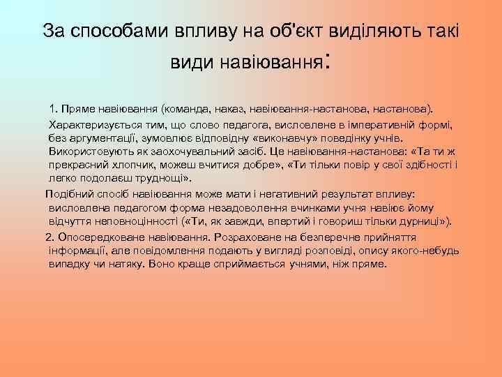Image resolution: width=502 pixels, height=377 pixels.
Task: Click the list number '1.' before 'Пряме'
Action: [x=53, y=110]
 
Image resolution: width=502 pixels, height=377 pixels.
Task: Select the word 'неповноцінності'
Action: [x=134, y=221]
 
